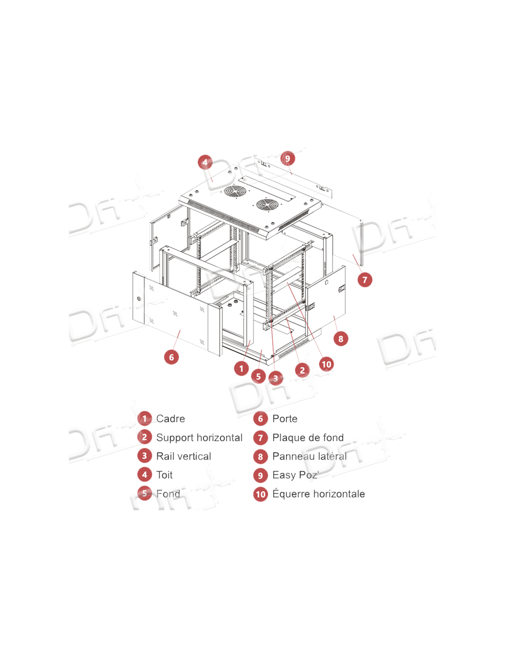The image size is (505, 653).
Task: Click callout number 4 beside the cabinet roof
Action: pyautogui.click(x=205, y=163)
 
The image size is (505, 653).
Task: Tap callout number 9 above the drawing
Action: pyautogui.click(x=287, y=158)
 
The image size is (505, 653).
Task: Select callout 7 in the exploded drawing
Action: pyautogui.click(x=365, y=280)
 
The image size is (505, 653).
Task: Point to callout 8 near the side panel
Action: pyautogui.click(x=340, y=339)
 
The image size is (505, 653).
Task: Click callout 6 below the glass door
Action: pyautogui.click(x=171, y=357)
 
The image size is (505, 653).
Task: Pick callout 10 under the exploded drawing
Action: pyautogui.click(x=326, y=364)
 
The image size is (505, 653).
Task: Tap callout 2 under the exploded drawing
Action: pyautogui.click(x=302, y=370)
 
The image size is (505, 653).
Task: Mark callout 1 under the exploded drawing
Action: pyautogui.click(x=241, y=368)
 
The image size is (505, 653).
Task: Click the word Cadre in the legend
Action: pyautogui.click(x=170, y=419)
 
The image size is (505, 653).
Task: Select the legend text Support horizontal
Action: pyautogui.click(x=199, y=438)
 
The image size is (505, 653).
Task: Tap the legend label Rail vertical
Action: pyautogui.click(x=184, y=456)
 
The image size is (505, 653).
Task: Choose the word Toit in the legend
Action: pyautogui.click(x=164, y=475)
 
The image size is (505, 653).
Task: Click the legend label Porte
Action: pyautogui.click(x=285, y=419)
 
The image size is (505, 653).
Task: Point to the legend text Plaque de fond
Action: pyautogui.click(x=308, y=438)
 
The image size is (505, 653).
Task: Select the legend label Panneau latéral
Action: pyautogui.click(x=309, y=456)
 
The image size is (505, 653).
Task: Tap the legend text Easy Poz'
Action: pyautogui.click(x=295, y=475)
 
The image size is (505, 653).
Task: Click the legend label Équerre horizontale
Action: pyautogui.click(x=319, y=494)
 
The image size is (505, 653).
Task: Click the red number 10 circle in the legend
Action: pyautogui.click(x=260, y=494)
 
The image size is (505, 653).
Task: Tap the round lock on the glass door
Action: pyautogui.click(x=139, y=299)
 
